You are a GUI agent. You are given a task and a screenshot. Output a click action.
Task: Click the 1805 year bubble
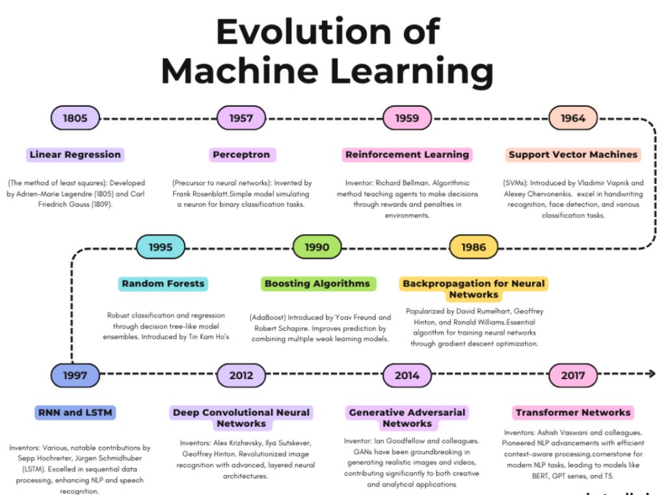(75, 118)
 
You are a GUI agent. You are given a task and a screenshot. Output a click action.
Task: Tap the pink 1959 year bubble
(407, 118)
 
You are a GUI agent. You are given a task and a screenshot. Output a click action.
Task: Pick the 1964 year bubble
(573, 118)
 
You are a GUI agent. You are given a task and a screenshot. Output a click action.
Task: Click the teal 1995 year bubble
(161, 247)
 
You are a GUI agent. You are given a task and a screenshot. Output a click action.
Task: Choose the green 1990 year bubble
(317, 247)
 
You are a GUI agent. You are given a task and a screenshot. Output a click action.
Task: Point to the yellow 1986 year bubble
(473, 247)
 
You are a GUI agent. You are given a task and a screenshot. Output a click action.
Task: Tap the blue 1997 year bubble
(75, 375)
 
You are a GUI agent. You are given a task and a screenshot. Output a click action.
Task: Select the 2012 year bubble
(241, 375)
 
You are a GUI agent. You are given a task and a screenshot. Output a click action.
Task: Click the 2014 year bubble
(407, 375)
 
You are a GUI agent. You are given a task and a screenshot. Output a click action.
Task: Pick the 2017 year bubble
(573, 375)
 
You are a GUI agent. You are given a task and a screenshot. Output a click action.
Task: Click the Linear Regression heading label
(75, 155)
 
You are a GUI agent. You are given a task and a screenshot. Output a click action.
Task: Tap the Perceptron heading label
(241, 155)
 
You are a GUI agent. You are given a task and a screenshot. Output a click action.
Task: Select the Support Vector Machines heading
(573, 155)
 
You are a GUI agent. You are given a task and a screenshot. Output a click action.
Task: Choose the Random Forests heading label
(163, 284)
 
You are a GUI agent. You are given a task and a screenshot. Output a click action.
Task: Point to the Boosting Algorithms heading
(317, 284)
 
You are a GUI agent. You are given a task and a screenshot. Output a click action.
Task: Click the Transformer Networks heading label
(573, 412)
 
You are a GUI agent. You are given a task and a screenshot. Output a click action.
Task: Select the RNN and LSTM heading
(76, 412)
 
